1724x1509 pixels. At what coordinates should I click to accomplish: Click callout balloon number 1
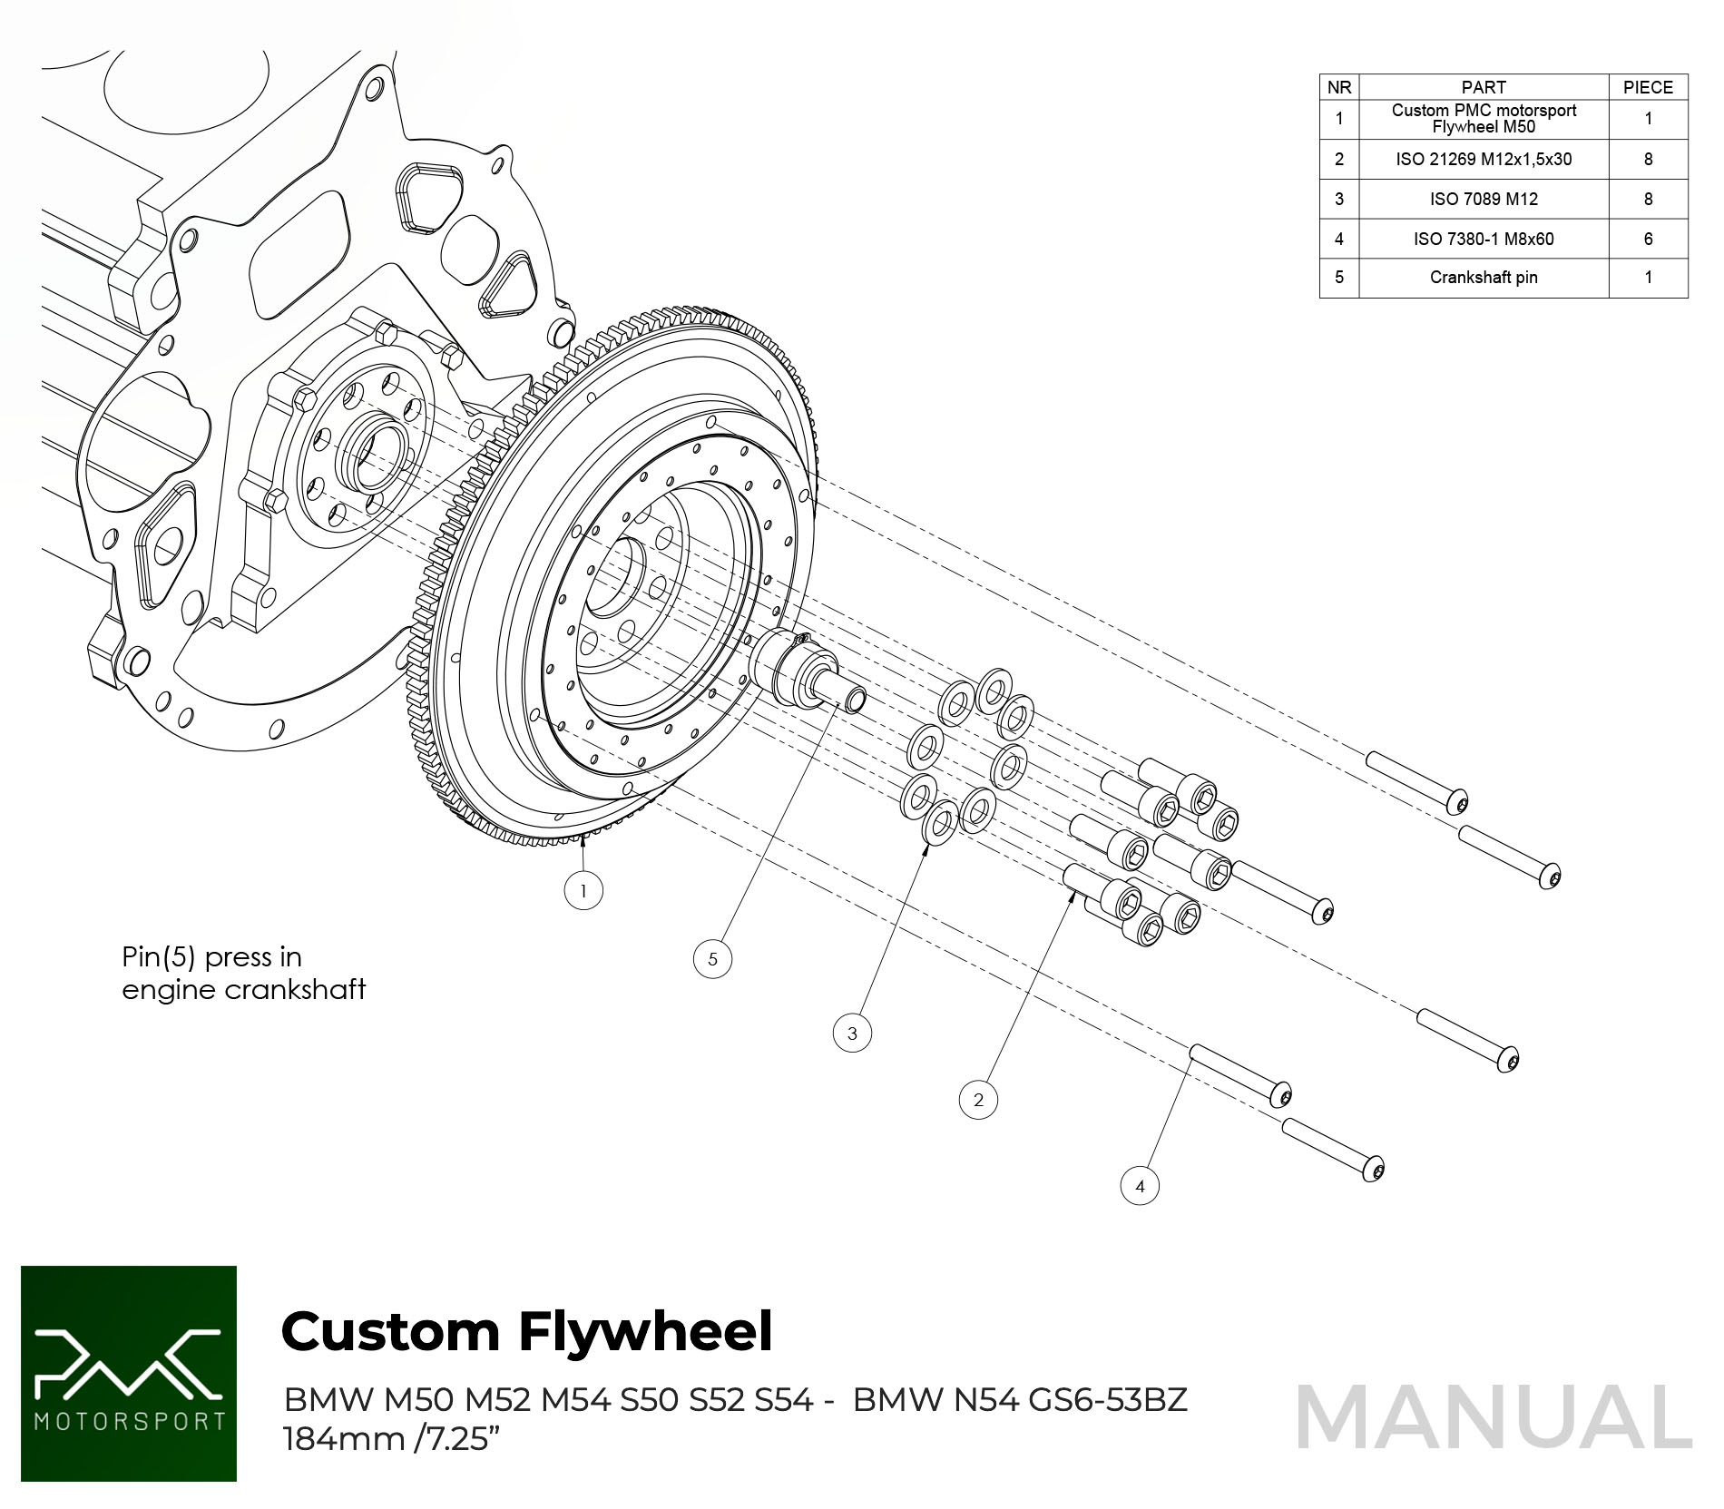583,890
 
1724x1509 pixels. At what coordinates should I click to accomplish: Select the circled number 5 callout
712,959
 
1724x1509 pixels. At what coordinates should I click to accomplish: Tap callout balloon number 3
852,1033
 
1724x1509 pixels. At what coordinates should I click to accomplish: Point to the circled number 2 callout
978,1100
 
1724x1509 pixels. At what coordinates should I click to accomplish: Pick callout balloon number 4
1140,1186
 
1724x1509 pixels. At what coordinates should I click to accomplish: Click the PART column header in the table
1484,87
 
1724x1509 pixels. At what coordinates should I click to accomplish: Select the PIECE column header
1648,87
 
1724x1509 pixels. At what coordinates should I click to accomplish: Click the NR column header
1339,87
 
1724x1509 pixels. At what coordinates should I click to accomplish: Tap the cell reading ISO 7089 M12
1484,199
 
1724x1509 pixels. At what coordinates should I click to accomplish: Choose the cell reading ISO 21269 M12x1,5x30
1484,159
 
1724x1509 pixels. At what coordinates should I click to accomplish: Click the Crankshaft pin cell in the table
1484,278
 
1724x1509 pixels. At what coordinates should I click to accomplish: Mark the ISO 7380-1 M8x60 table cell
1484,239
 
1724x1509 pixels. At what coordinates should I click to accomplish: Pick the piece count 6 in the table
1648,239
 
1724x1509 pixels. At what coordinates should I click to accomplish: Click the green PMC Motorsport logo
129,1374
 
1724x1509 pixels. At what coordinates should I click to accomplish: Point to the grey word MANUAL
1494,1417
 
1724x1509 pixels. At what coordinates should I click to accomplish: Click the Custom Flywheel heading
526,1331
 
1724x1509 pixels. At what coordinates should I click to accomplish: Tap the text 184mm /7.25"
391,1439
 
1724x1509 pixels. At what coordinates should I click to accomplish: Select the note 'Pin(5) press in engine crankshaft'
243,973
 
